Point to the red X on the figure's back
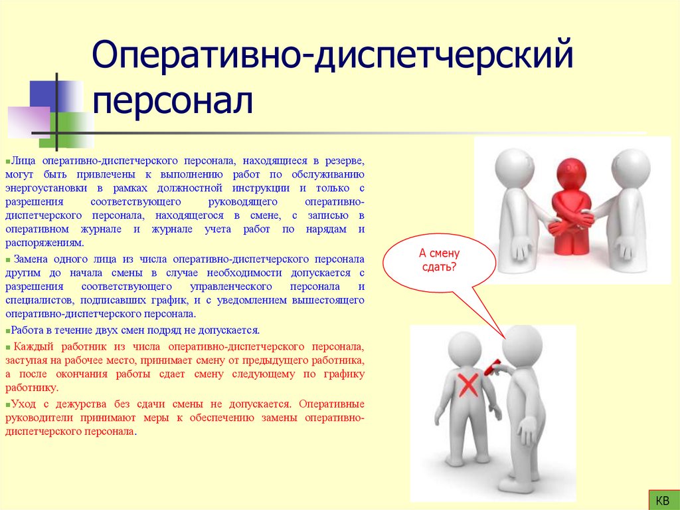[470, 384]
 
